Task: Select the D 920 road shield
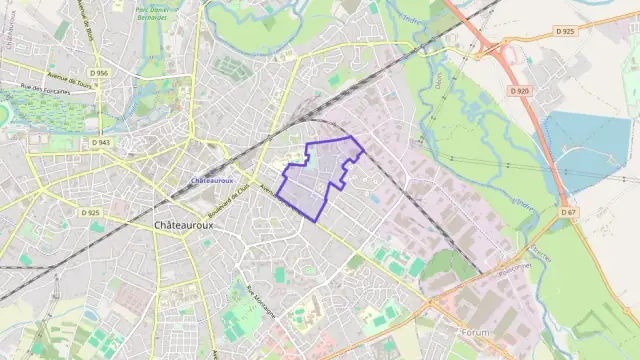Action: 518,91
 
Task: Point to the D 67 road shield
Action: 568,212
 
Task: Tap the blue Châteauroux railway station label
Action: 211,181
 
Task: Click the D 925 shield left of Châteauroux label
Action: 90,212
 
